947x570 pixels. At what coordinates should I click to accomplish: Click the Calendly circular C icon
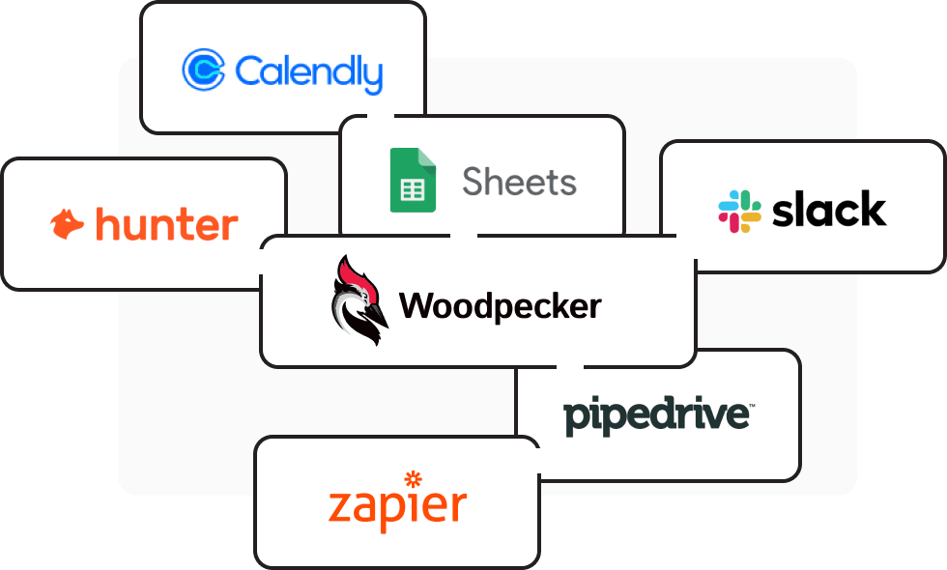[204, 70]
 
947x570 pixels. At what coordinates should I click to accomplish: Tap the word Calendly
[308, 71]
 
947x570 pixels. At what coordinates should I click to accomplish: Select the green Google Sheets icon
[413, 180]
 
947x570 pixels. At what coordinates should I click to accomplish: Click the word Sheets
[519, 181]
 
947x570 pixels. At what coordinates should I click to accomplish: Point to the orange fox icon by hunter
[68, 224]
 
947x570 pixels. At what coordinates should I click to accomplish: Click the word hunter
[166, 225]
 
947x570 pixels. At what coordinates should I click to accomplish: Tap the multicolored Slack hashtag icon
[739, 211]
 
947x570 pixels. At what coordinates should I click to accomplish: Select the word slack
[829, 210]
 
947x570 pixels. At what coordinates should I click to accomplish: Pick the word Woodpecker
[500, 306]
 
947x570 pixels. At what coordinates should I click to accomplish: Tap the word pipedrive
[658, 415]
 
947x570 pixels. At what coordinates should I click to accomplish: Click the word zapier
[397, 505]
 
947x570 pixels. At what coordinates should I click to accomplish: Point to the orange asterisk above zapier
[414, 478]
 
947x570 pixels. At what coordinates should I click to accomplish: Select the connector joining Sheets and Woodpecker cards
[464, 235]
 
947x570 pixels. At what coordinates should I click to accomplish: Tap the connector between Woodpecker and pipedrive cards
[570, 366]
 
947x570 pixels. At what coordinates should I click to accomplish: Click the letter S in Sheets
[474, 181]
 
